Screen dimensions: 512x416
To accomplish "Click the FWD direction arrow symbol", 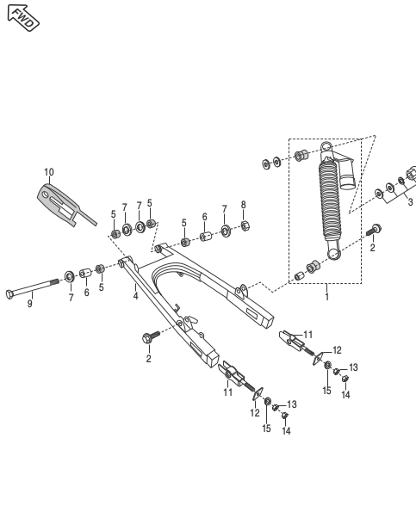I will (22, 17).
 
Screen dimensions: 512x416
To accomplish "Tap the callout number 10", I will (49, 173).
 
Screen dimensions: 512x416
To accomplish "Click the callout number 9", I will (29, 304).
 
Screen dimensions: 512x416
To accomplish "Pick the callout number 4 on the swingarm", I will (135, 296).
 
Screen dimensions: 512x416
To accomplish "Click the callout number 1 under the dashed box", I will (326, 296).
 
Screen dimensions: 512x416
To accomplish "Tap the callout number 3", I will (410, 203).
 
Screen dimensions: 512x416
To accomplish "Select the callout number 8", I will (244, 205).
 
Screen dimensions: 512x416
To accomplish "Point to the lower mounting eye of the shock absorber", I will (333, 254).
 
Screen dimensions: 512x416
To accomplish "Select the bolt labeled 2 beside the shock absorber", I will (375, 231).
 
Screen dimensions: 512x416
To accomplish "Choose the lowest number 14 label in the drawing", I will (286, 432).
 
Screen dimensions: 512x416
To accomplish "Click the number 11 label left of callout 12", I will (228, 392).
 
